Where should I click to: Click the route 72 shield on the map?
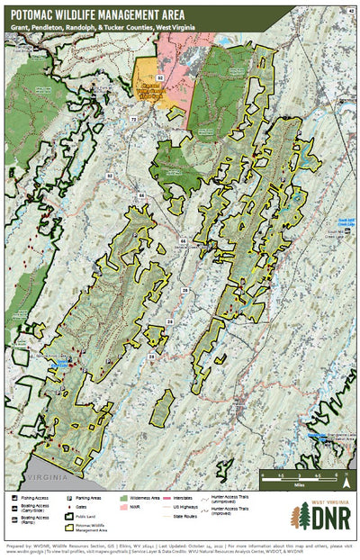coord(133,119)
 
